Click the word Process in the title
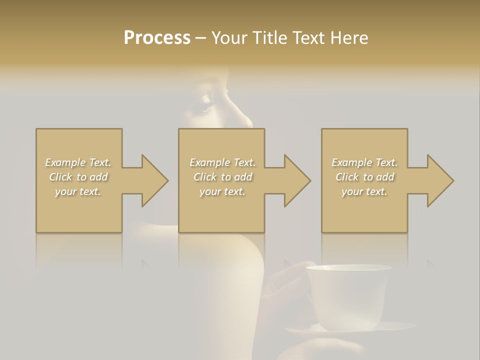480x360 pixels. click(x=157, y=38)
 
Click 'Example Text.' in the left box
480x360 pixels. click(x=78, y=162)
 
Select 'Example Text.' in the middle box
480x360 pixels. click(x=222, y=162)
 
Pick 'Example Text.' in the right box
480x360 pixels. click(x=364, y=162)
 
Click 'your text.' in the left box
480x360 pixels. click(x=78, y=191)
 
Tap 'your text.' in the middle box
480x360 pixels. click(x=222, y=191)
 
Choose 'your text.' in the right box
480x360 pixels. click(x=364, y=191)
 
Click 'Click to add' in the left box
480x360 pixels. click(x=78, y=177)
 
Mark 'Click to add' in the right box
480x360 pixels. click(x=364, y=177)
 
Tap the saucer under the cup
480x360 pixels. click(x=395, y=327)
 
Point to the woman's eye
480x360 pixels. click(x=206, y=103)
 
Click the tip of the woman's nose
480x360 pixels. click(x=248, y=121)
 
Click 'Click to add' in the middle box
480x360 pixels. click(x=222, y=177)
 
